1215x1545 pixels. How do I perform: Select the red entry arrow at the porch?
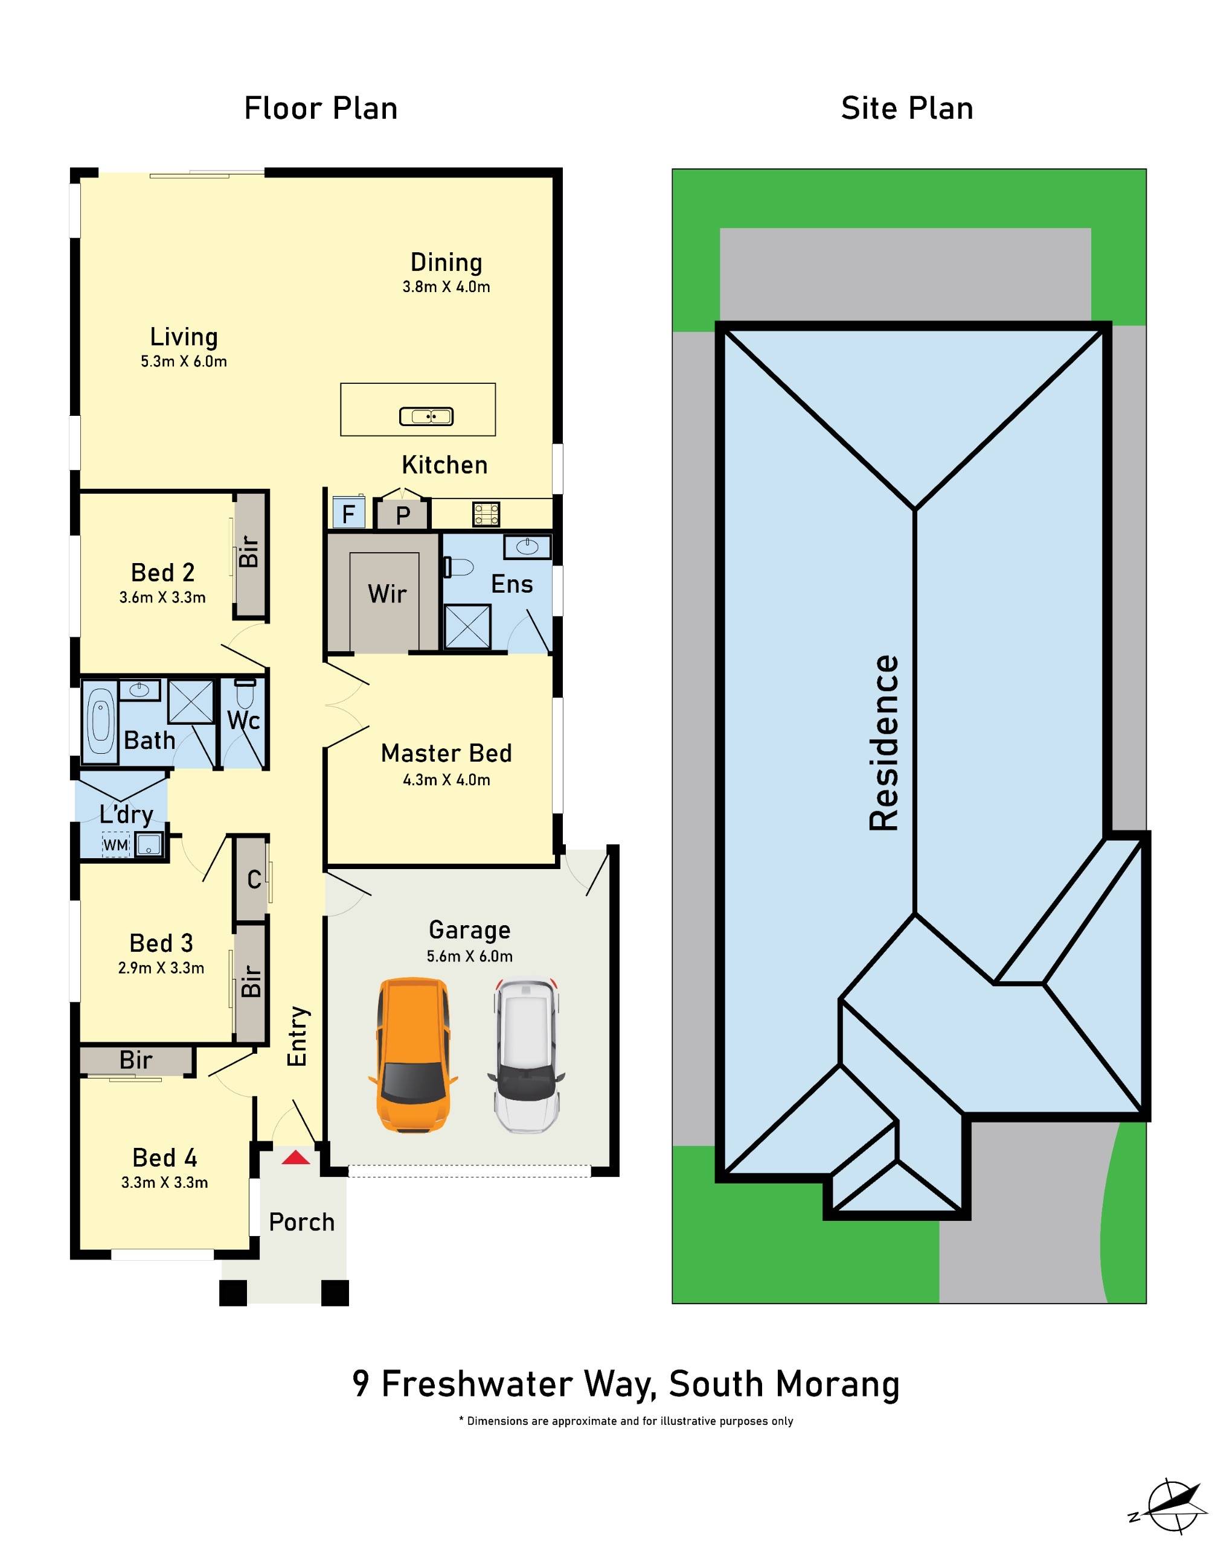(x=295, y=1158)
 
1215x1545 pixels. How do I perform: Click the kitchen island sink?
(x=426, y=416)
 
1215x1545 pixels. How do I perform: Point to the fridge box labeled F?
(x=348, y=514)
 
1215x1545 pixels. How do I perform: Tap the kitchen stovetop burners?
(x=487, y=514)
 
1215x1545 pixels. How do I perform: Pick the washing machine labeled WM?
(x=116, y=845)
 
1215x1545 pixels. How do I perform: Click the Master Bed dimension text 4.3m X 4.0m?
(x=446, y=780)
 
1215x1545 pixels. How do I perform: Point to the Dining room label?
(x=446, y=263)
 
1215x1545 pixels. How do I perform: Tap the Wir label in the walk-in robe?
(x=387, y=594)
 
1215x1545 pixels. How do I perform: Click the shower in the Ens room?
(x=467, y=626)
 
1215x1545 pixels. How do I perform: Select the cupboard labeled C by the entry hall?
(x=253, y=879)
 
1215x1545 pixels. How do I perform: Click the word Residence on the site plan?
(x=884, y=743)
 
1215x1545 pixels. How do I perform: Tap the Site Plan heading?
(x=906, y=108)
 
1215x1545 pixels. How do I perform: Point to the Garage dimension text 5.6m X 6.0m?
(x=469, y=957)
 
